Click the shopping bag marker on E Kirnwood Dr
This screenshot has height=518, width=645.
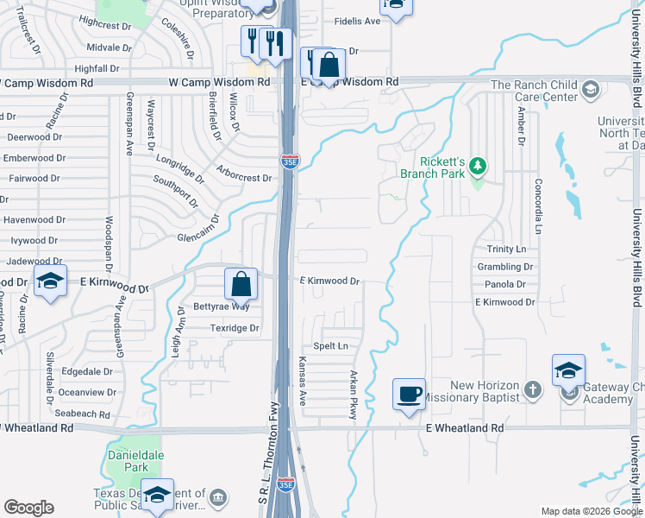(242, 282)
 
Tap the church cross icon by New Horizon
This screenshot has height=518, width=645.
(534, 389)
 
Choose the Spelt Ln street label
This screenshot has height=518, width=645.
(330, 346)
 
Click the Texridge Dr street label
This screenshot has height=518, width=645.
(235, 328)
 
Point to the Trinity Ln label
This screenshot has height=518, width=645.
(505, 249)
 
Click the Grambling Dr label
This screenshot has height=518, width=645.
(505, 267)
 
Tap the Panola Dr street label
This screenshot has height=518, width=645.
(505, 284)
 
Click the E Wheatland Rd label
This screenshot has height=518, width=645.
(464, 427)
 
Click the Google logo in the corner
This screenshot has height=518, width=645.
(28, 508)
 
